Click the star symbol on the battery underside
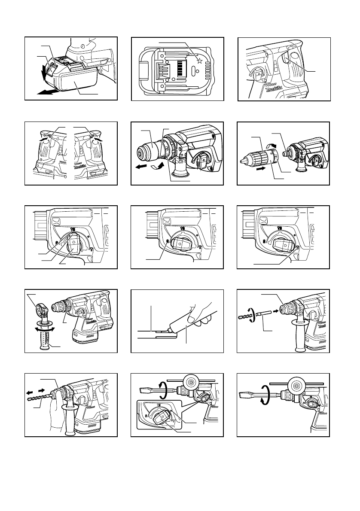click(199, 61)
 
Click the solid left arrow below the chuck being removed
click(142, 169)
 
